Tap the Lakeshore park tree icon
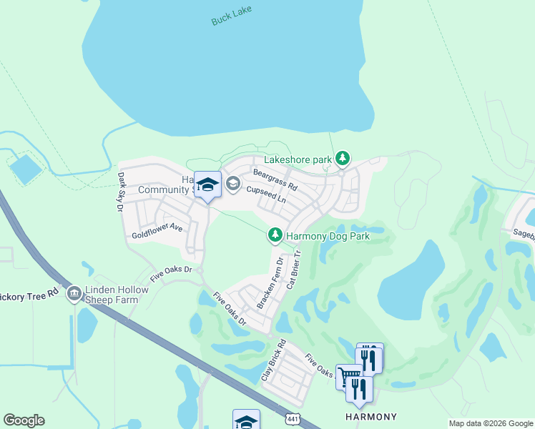(x=343, y=158)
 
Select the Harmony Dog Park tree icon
(x=275, y=235)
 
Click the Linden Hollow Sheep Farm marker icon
(x=74, y=294)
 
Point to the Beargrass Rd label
(x=275, y=178)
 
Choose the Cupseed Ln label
(x=266, y=195)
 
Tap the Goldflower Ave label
(x=157, y=232)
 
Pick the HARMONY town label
(x=371, y=417)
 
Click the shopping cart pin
(x=348, y=375)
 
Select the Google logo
(x=24, y=420)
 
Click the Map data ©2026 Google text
(x=490, y=423)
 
